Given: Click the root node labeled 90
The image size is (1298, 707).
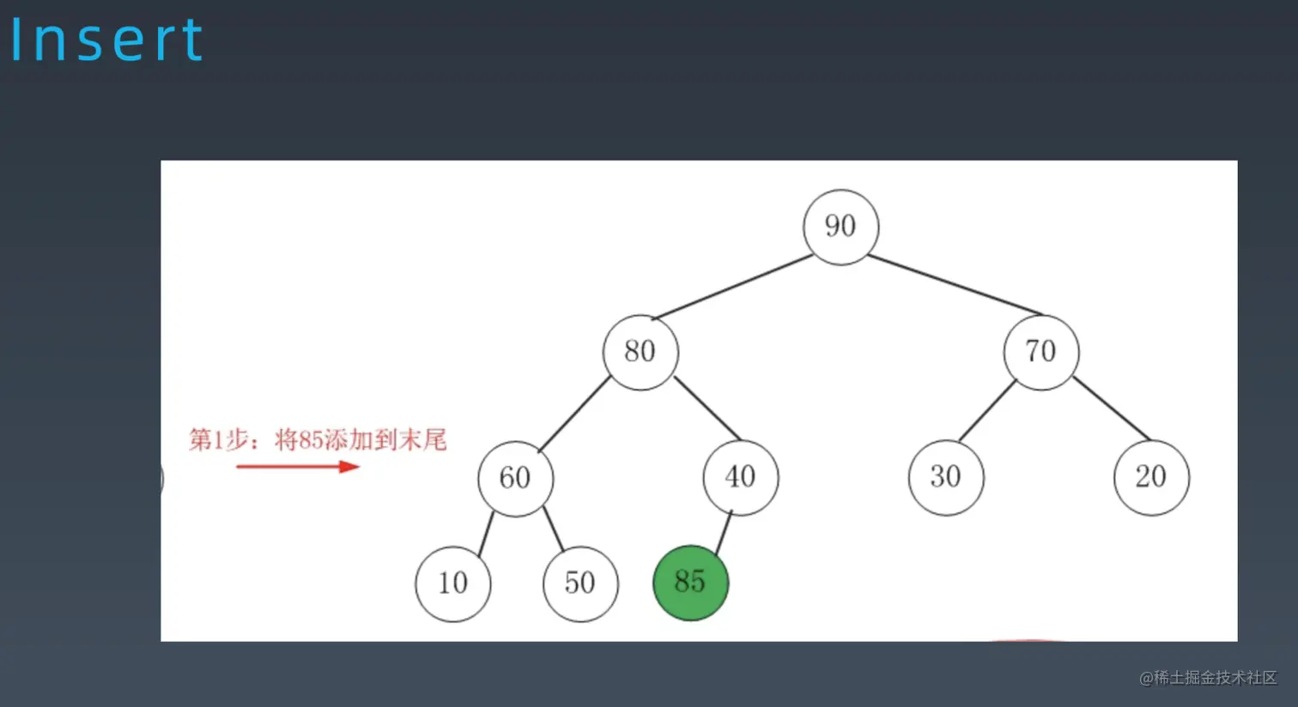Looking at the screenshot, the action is click(840, 227).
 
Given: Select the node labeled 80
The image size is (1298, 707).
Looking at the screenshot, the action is click(640, 352).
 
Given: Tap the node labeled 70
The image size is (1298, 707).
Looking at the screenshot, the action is click(1041, 352).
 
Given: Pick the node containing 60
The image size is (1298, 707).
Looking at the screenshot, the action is click(515, 478).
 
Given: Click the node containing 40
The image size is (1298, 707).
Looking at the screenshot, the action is click(741, 478).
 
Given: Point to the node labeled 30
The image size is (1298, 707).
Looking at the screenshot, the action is click(946, 478).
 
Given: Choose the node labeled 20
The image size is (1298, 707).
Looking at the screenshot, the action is click(1151, 478).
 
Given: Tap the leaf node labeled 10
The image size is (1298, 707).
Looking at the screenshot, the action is click(452, 583).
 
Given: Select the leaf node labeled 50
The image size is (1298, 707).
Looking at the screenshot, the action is click(580, 583).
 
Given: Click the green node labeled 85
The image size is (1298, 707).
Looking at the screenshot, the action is click(690, 583).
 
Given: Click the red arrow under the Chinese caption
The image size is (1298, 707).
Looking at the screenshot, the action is click(298, 467).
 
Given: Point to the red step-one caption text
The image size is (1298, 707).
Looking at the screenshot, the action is click(318, 439).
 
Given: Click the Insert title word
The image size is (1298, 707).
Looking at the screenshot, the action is click(107, 39).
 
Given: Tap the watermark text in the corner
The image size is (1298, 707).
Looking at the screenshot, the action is click(1208, 678).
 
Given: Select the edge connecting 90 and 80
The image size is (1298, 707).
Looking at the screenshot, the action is click(731, 287).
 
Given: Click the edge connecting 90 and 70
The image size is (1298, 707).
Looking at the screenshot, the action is click(955, 285).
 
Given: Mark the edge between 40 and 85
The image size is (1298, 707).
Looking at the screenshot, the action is click(724, 533).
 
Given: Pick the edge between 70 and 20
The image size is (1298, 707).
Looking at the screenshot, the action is click(1112, 408).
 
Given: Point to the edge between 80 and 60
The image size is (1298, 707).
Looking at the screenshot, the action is click(573, 414).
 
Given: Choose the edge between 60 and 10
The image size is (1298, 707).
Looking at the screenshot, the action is click(486, 535).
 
